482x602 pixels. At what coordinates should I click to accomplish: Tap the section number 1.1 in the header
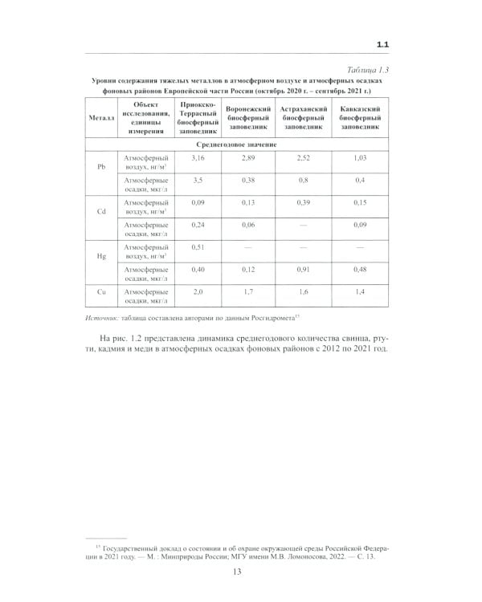383,43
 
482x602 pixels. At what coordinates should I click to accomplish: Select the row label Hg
101,257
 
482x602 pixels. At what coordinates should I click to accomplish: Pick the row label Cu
101,294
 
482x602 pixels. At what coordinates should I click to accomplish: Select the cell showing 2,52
302,158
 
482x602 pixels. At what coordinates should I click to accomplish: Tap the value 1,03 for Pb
359,158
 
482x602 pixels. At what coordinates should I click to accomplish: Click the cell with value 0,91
302,270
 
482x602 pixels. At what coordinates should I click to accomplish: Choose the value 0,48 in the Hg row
359,270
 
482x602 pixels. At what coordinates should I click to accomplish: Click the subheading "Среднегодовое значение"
241,144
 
